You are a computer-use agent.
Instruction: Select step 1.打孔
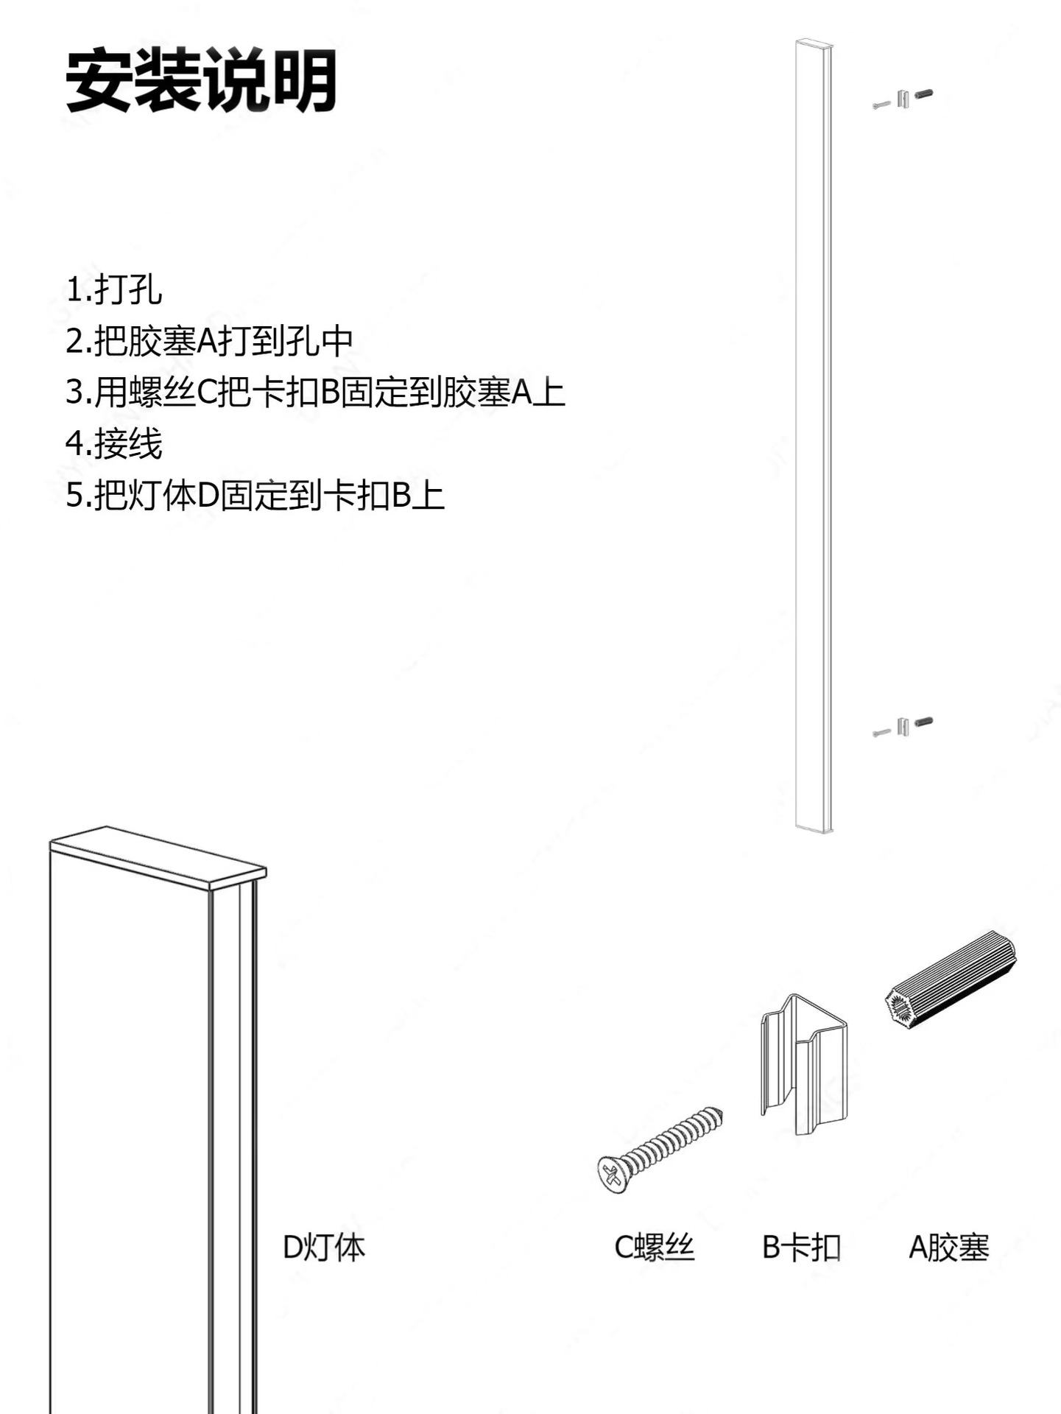point(113,289)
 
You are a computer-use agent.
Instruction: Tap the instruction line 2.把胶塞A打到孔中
point(209,340)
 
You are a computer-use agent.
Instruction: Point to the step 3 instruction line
point(315,392)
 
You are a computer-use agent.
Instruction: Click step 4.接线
point(113,443)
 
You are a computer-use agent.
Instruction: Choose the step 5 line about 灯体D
point(255,495)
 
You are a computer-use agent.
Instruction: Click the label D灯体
point(324,1248)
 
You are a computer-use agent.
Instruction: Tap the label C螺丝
point(655,1248)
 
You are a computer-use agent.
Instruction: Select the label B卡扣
point(801,1248)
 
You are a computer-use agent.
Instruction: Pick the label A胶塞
point(949,1248)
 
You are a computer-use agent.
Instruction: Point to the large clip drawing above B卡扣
point(803,1064)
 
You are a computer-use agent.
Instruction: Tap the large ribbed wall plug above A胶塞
point(950,978)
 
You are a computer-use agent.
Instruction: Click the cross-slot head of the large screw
point(612,1174)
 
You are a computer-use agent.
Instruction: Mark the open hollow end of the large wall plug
point(899,1006)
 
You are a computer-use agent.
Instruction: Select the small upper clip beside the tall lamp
point(903,99)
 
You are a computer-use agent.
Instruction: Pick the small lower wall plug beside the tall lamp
point(923,722)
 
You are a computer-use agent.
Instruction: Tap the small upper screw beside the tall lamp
point(881,105)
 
